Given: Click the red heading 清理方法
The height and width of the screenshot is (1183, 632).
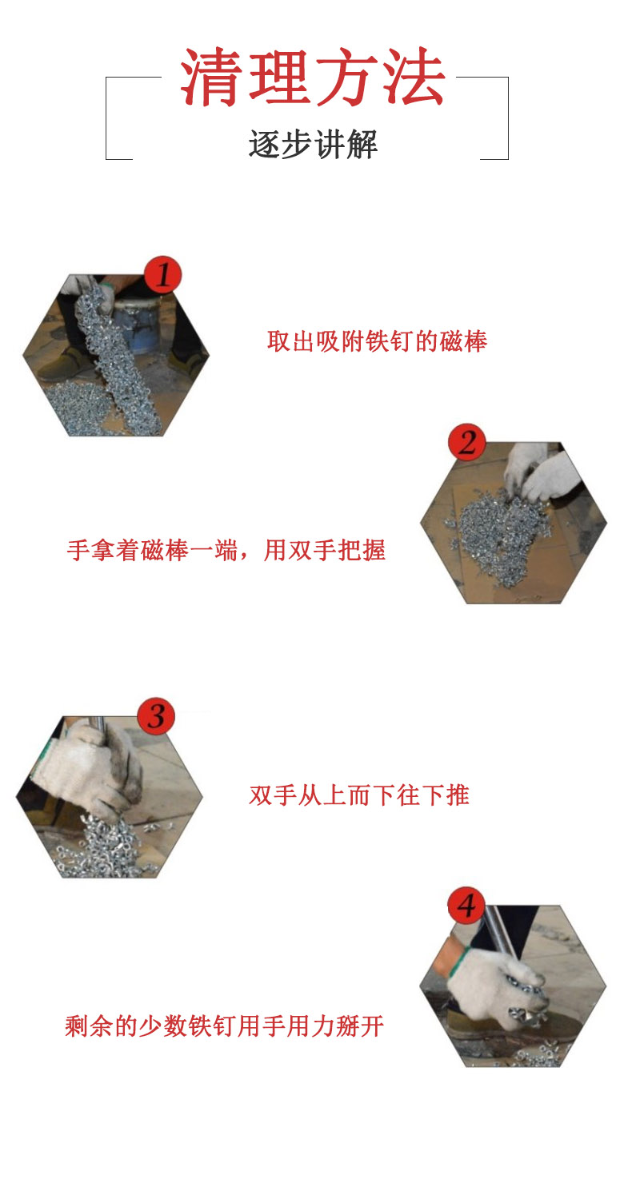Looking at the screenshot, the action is [312, 77].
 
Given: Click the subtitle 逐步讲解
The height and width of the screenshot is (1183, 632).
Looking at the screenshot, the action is [313, 144].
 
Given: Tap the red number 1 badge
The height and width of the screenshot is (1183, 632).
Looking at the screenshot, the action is [162, 275].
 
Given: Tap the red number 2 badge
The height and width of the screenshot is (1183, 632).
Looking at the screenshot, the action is [466, 442].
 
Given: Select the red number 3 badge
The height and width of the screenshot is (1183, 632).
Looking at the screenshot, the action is [156, 716].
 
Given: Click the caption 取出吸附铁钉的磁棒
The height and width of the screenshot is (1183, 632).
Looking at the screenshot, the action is [377, 341].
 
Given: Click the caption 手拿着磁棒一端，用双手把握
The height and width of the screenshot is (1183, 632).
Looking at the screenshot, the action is [226, 550].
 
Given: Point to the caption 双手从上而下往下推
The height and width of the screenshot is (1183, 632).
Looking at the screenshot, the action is [359, 795].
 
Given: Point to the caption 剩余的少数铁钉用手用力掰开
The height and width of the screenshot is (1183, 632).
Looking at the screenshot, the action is [225, 1026].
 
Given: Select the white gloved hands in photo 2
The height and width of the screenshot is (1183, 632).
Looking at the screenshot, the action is [539, 472].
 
